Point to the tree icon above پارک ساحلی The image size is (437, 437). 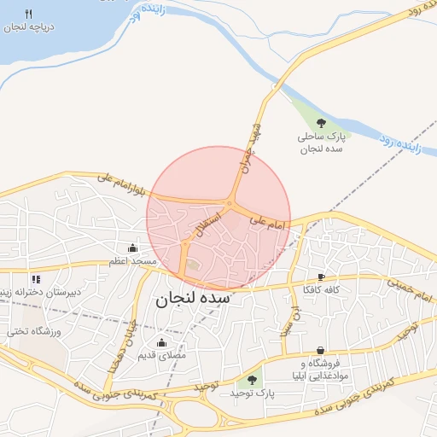coord(321,123)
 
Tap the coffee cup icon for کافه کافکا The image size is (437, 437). coord(321,277)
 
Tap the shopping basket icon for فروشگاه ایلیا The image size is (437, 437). coord(320,350)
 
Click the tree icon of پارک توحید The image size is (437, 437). coord(251,380)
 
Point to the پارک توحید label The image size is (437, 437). coord(251,393)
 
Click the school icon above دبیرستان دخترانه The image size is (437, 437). coord(35,278)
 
